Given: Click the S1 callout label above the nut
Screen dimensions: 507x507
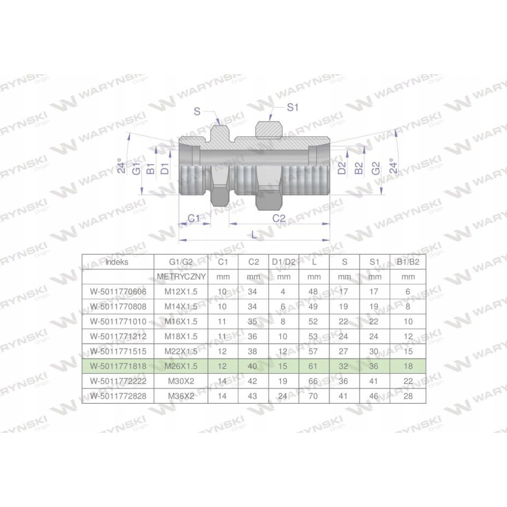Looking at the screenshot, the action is point(292,107).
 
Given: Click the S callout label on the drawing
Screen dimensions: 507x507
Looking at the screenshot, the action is point(197,112).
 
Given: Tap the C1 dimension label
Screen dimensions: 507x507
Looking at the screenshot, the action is point(194,219).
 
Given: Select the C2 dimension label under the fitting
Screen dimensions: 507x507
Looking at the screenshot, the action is point(279,219).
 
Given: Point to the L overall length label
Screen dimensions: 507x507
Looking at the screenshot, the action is point(254,235).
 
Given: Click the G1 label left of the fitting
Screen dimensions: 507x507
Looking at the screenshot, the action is point(137,169).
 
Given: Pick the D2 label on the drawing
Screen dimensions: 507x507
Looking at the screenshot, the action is point(342,168).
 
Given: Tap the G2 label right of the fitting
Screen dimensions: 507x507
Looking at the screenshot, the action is point(376,168).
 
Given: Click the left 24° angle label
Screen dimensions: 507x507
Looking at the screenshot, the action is point(121,165).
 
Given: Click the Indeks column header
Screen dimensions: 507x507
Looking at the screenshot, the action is point(117,262).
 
